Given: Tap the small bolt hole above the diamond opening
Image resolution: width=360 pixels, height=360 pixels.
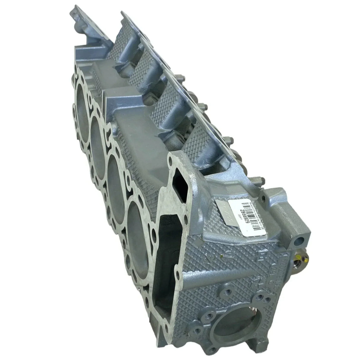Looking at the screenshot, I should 170,162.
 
